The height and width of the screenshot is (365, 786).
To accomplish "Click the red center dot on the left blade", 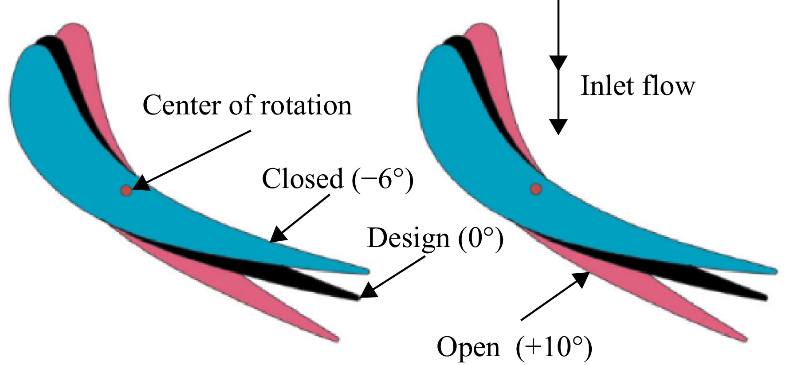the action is click(x=126, y=191).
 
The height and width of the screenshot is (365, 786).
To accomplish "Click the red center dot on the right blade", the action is click(x=536, y=189).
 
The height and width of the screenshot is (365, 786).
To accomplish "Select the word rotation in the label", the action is click(x=305, y=106).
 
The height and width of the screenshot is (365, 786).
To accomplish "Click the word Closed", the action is click(x=303, y=179).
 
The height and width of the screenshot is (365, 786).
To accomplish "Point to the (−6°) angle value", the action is click(x=383, y=180).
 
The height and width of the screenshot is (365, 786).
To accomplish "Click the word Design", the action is click(x=408, y=239).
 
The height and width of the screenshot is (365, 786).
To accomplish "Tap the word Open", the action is click(x=468, y=347).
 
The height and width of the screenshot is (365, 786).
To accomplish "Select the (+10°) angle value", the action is click(x=554, y=348).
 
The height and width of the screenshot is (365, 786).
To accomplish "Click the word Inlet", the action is click(x=608, y=86).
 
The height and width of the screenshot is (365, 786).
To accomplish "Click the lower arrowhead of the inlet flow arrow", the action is click(x=558, y=127).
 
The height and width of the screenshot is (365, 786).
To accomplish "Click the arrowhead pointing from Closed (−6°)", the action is click(x=279, y=234).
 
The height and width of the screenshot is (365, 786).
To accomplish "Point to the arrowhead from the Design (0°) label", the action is click(x=369, y=291).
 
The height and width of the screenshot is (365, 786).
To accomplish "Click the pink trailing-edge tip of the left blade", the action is click(x=337, y=340).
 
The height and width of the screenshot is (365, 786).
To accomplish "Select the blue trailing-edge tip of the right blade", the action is click(x=774, y=271).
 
